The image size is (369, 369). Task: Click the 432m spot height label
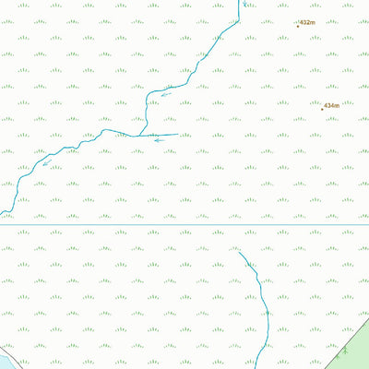pyautogui.click(x=307, y=22)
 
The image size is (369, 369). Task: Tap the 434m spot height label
pyautogui.click(x=332, y=106)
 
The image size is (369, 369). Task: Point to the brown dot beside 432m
pyautogui.click(x=297, y=25)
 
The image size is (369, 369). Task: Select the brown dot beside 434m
pyautogui.click(x=322, y=109)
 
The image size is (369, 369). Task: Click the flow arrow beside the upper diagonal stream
pyautogui.click(x=167, y=91)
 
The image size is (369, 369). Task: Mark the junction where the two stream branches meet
pyautogui.click(x=144, y=135)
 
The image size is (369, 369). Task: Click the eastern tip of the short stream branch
pyautogui.click(x=177, y=135)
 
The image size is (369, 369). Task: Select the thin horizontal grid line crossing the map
pyautogui.click(x=184, y=224)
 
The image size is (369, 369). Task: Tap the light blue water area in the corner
pyautogui.click(x=4, y=361)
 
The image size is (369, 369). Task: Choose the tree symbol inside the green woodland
pyautogui.click(x=345, y=351)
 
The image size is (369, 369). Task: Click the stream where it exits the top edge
pyautogui.click(x=240, y=2)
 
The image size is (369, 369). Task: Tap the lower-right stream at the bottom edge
pyautogui.click(x=257, y=366)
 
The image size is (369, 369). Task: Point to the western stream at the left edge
pyautogui.click(x=3, y=214)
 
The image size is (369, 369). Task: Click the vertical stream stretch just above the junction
pyautogui.click(x=145, y=115)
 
